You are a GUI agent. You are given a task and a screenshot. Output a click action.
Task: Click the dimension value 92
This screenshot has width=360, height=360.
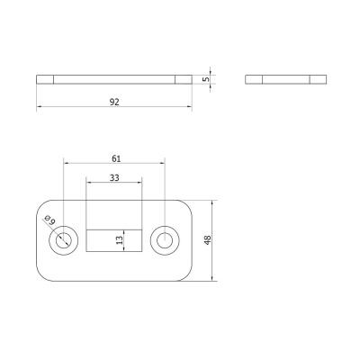click(114, 102)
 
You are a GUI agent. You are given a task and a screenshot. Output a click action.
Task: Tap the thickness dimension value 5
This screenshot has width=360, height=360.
click(206, 79)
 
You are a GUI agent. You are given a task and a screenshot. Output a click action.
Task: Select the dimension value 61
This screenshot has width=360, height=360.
click(116, 158)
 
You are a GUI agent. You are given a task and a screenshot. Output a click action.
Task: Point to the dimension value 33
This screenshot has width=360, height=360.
click(114, 178)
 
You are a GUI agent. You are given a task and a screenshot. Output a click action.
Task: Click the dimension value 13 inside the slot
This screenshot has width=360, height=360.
click(120, 240)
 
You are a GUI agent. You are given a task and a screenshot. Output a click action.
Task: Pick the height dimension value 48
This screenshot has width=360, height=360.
click(208, 240)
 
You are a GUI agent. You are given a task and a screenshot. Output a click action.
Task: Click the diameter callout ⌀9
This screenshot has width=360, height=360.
click(50, 220)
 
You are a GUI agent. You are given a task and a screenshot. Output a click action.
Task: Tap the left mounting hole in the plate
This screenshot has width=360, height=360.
click(63, 240)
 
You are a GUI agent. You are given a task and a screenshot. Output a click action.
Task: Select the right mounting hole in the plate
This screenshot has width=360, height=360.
click(165, 240)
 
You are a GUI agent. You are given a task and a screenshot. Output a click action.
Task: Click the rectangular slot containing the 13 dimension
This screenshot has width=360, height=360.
click(114, 240)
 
